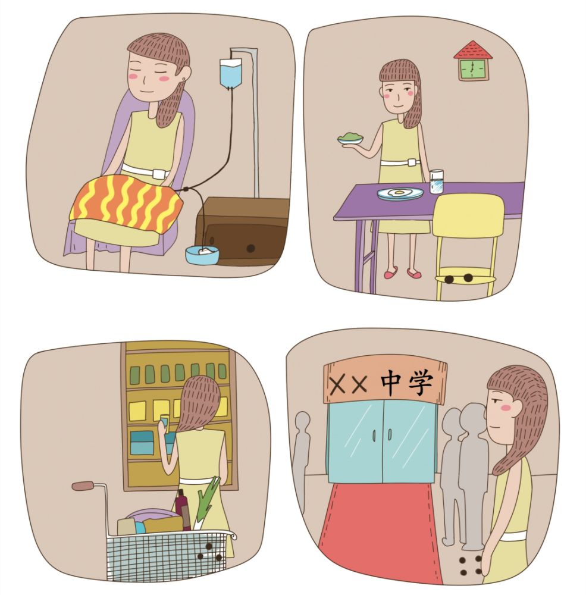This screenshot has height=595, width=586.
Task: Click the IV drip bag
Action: (x=230, y=73)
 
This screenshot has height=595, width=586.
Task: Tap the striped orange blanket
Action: (x=126, y=204)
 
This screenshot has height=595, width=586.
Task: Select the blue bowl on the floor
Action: (x=202, y=255)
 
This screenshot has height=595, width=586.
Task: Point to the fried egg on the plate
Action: (x=399, y=192)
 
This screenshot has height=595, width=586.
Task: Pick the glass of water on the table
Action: (x=437, y=181)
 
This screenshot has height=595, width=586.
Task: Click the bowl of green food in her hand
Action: (x=350, y=138)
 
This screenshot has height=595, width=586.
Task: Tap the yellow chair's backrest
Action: (x=468, y=215)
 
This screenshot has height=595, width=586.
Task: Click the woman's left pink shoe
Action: (x=390, y=273)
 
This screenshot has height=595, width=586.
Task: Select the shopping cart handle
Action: (x=83, y=486)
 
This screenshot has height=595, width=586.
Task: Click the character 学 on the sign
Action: (x=421, y=383)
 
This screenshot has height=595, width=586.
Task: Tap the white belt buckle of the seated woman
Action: (x=159, y=174)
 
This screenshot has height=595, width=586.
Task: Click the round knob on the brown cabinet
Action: (x=250, y=249)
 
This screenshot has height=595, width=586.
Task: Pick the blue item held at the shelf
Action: (x=164, y=421)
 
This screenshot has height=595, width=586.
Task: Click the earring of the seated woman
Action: (x=184, y=79)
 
